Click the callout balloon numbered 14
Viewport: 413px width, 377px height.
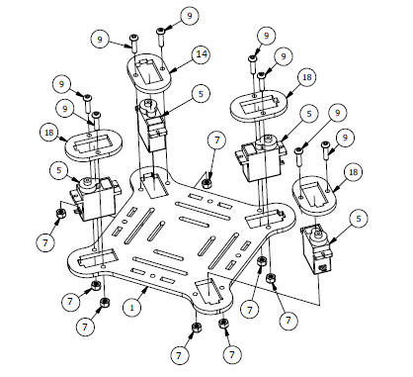point(202,53)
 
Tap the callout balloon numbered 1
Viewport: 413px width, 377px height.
point(131,308)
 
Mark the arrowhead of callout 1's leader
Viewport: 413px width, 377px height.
point(146,289)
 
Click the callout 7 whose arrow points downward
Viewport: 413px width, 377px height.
point(216,141)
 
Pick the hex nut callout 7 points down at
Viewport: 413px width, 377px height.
point(206,183)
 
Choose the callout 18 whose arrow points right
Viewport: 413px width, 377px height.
point(48,133)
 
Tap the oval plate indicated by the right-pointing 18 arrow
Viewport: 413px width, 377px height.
point(93,144)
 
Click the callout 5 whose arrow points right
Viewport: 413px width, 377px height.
point(58,170)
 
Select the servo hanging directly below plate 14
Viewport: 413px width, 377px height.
point(151,126)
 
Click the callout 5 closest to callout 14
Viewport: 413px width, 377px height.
point(201,94)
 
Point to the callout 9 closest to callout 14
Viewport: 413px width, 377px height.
point(189,16)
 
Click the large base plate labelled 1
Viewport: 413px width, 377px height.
point(182,238)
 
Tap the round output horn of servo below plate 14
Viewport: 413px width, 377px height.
point(148,106)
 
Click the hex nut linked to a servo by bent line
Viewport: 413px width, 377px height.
point(60,214)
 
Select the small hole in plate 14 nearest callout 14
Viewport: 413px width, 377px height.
point(163,68)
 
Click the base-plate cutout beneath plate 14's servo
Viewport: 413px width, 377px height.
point(154,185)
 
